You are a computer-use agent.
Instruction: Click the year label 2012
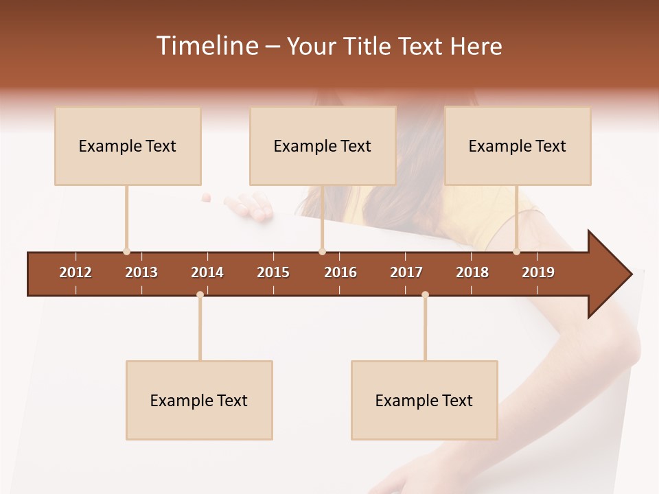click(76, 272)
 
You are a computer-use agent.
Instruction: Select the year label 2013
click(141, 272)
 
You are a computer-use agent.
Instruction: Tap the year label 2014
click(207, 272)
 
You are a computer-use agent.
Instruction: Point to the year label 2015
click(273, 272)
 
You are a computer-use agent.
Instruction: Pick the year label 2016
click(340, 272)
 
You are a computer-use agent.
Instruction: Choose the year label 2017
click(406, 272)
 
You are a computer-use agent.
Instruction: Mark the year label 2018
click(472, 272)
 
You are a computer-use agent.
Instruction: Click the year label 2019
click(538, 272)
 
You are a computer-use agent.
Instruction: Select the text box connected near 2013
click(128, 146)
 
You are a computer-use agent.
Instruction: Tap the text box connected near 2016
click(323, 146)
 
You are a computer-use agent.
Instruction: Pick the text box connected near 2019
click(518, 146)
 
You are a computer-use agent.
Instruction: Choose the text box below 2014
click(199, 401)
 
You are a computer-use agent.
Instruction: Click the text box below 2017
click(424, 401)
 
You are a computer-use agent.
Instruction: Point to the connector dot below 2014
click(200, 294)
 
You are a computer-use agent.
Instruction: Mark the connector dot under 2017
click(425, 294)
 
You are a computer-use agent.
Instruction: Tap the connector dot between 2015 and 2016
click(322, 252)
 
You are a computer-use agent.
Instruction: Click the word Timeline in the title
click(206, 46)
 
